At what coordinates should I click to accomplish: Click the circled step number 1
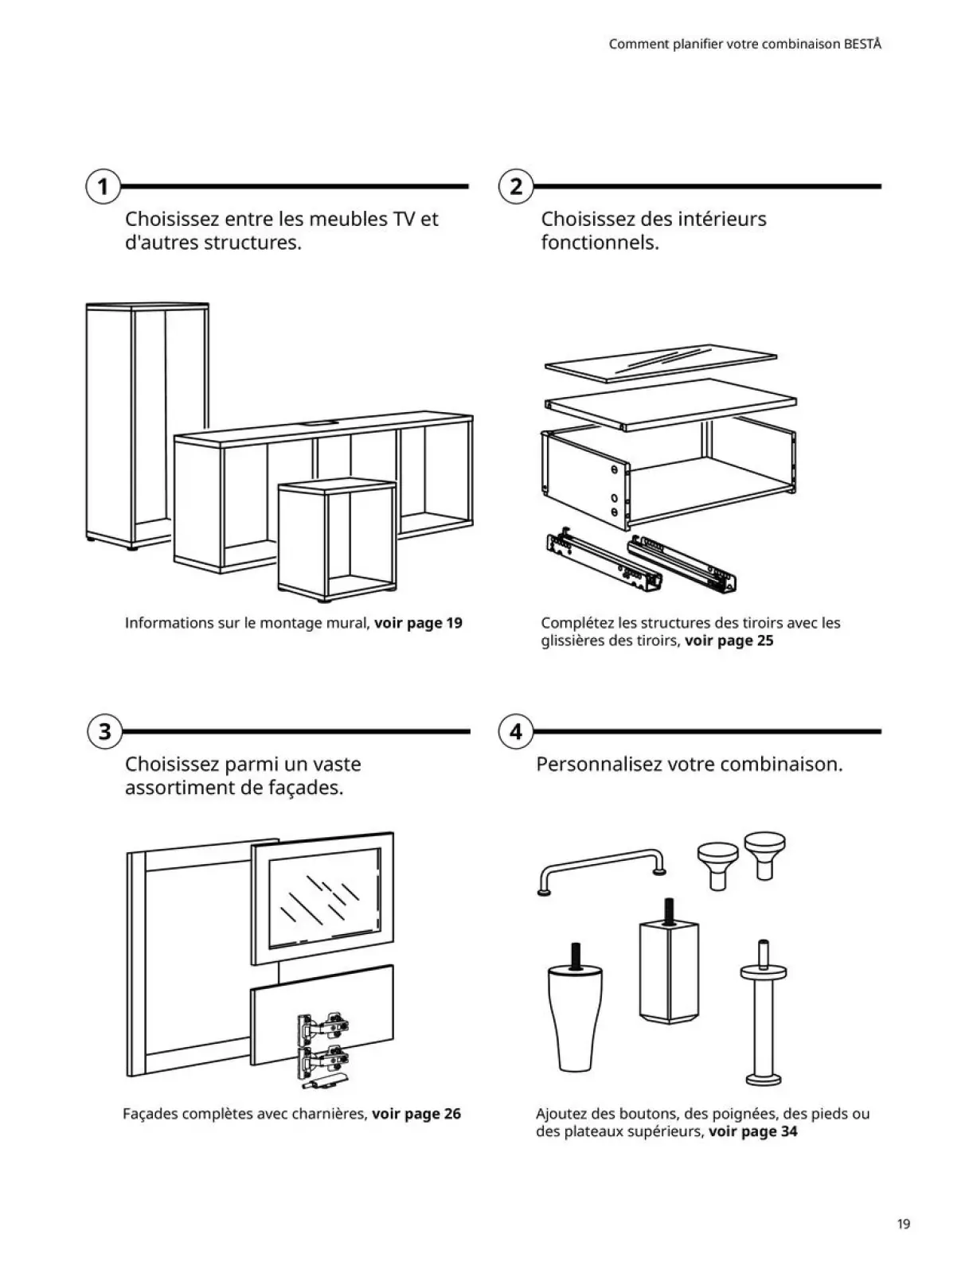tap(102, 187)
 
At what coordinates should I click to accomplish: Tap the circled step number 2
tap(516, 187)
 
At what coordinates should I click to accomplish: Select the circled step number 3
tap(104, 731)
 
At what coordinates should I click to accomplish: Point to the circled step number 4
tap(516, 731)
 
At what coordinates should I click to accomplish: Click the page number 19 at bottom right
tap(903, 1224)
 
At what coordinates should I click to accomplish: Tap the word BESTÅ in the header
tap(862, 45)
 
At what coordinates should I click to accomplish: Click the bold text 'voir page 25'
tap(729, 640)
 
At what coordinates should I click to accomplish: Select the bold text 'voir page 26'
tap(416, 1114)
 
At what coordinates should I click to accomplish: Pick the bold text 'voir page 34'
tap(752, 1131)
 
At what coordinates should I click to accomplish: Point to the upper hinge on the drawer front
tap(322, 1028)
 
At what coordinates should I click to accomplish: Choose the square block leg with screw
tap(668, 971)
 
